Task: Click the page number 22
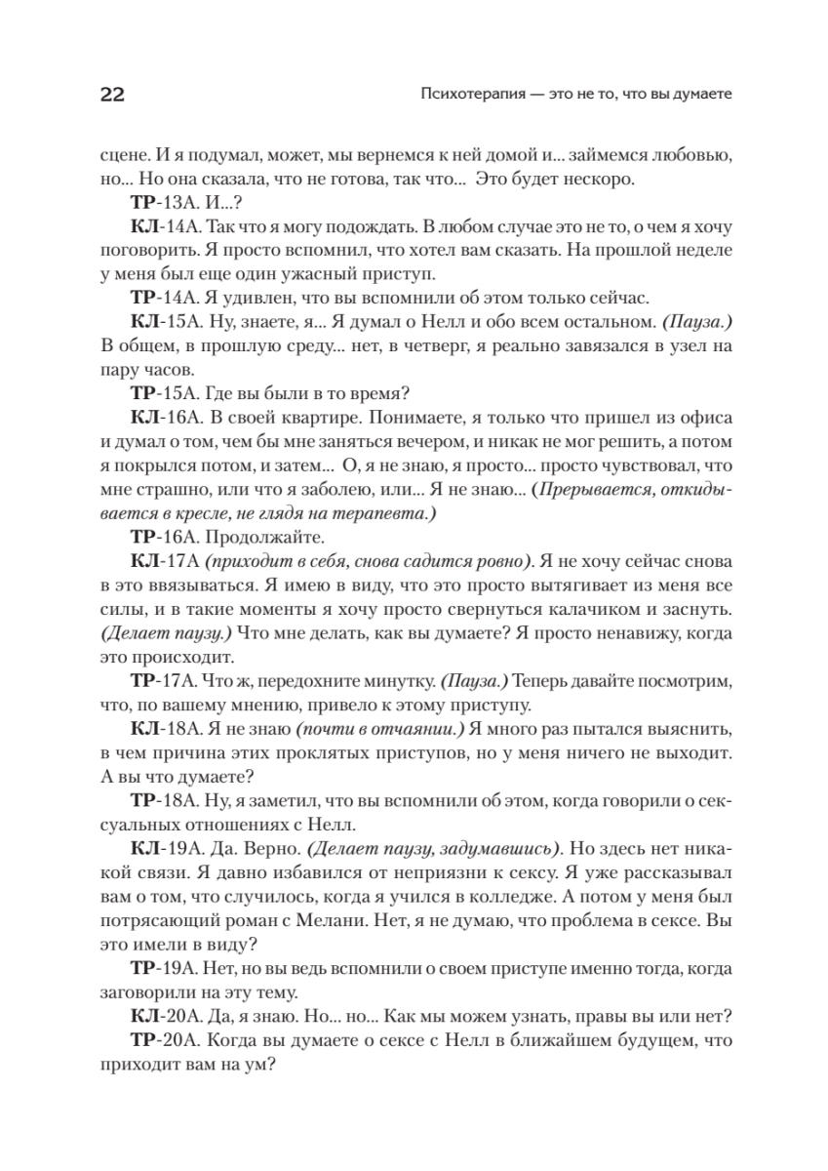tap(110, 95)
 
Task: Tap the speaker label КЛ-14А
tap(161, 227)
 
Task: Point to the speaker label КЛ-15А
tap(161, 321)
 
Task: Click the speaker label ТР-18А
tap(160, 800)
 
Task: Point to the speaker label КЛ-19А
tap(161, 847)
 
